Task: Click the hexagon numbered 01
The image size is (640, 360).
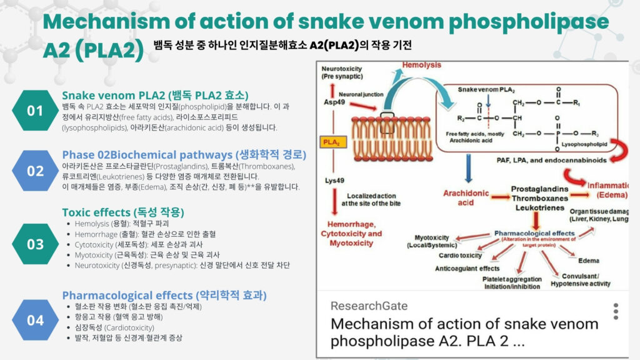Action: [x=35, y=111]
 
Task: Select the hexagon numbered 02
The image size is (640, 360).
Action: [x=35, y=171]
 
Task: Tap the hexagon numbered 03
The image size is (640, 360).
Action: [x=35, y=244]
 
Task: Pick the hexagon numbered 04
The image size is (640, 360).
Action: [x=35, y=320]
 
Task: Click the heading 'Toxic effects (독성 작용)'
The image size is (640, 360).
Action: [x=123, y=212]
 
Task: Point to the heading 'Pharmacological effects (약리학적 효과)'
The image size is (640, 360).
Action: [x=164, y=295]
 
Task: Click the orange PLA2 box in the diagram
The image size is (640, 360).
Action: [x=331, y=142]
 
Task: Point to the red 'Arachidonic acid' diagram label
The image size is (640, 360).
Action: [x=466, y=197]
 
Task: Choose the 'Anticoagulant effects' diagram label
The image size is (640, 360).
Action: [x=467, y=268]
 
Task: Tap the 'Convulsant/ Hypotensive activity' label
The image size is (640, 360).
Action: [x=581, y=280]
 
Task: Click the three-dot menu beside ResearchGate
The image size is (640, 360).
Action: [x=616, y=311]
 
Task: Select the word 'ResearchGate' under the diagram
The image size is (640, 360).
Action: [x=369, y=306]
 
